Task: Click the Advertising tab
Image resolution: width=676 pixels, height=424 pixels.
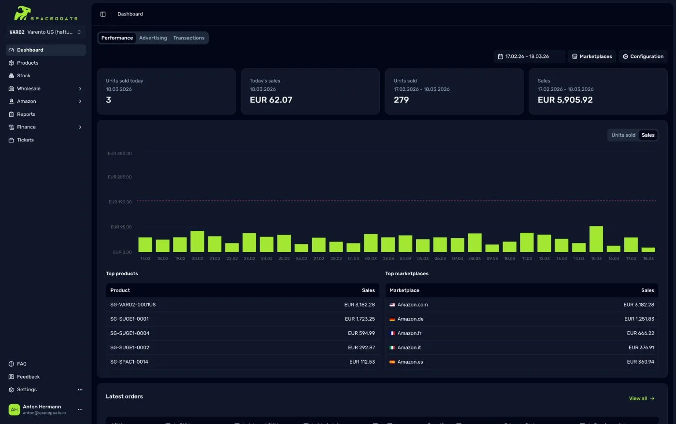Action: coord(153,38)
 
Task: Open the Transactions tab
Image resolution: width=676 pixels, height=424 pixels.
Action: coord(188,38)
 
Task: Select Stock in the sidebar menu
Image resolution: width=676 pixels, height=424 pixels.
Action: coord(24,76)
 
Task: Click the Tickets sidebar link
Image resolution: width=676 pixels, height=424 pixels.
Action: coord(25,140)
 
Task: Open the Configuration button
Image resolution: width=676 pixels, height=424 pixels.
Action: coord(643,57)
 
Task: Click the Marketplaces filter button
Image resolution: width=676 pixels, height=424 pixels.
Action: coord(591,57)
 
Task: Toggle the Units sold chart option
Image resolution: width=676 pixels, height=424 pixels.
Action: coord(623,135)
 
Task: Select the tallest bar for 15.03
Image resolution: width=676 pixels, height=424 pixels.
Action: coord(596,239)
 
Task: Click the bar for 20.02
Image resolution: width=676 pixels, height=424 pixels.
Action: coord(197,241)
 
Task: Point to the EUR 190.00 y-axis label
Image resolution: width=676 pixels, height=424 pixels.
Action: coord(120,202)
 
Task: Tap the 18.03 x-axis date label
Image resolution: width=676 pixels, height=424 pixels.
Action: coord(648,259)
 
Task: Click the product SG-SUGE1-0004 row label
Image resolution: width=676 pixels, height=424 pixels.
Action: coord(129,333)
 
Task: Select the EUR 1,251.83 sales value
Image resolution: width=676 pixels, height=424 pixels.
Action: coord(639,319)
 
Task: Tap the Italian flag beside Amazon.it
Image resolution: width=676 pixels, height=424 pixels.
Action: coord(392,348)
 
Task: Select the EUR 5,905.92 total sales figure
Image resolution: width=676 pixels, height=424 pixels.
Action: coord(565,100)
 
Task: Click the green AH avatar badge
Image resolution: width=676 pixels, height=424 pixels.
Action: coord(14,410)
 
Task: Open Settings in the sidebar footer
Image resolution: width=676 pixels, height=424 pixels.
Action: coord(27,390)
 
